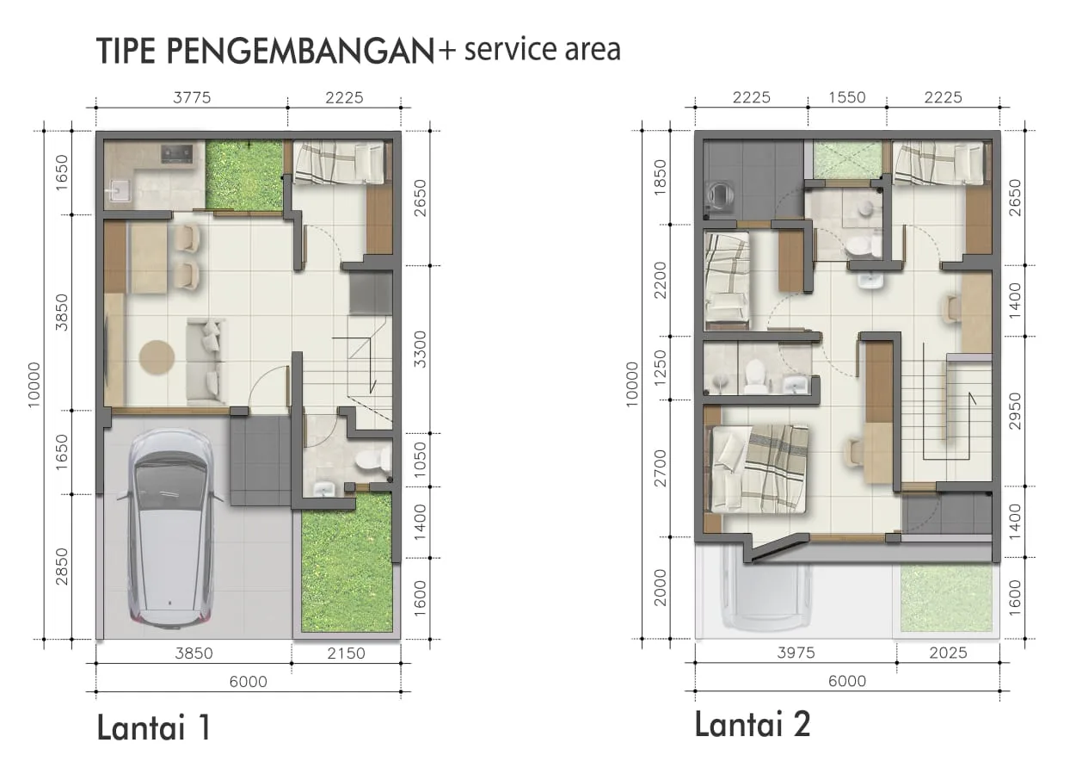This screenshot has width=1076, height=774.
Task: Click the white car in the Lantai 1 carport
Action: tap(170, 528)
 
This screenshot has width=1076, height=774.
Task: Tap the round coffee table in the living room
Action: tap(157, 356)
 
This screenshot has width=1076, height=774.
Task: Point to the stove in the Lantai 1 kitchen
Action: tap(176, 153)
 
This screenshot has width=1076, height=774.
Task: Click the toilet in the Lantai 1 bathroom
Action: tap(372, 460)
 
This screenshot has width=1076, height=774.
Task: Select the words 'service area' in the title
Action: tap(543, 50)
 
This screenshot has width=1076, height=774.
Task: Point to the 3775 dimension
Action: tap(192, 98)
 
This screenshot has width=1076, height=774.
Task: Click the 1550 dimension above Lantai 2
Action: tap(847, 97)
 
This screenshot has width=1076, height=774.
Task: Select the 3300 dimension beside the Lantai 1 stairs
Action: tap(420, 349)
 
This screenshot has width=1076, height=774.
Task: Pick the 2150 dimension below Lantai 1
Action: tap(346, 653)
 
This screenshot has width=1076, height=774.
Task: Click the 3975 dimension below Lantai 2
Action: tap(796, 653)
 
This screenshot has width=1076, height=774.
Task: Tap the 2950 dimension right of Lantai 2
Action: tap(1014, 411)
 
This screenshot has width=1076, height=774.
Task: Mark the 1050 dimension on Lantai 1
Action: tap(420, 460)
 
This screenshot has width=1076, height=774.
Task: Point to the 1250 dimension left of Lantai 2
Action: tap(661, 368)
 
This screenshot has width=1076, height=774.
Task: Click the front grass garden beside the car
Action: tap(347, 562)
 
